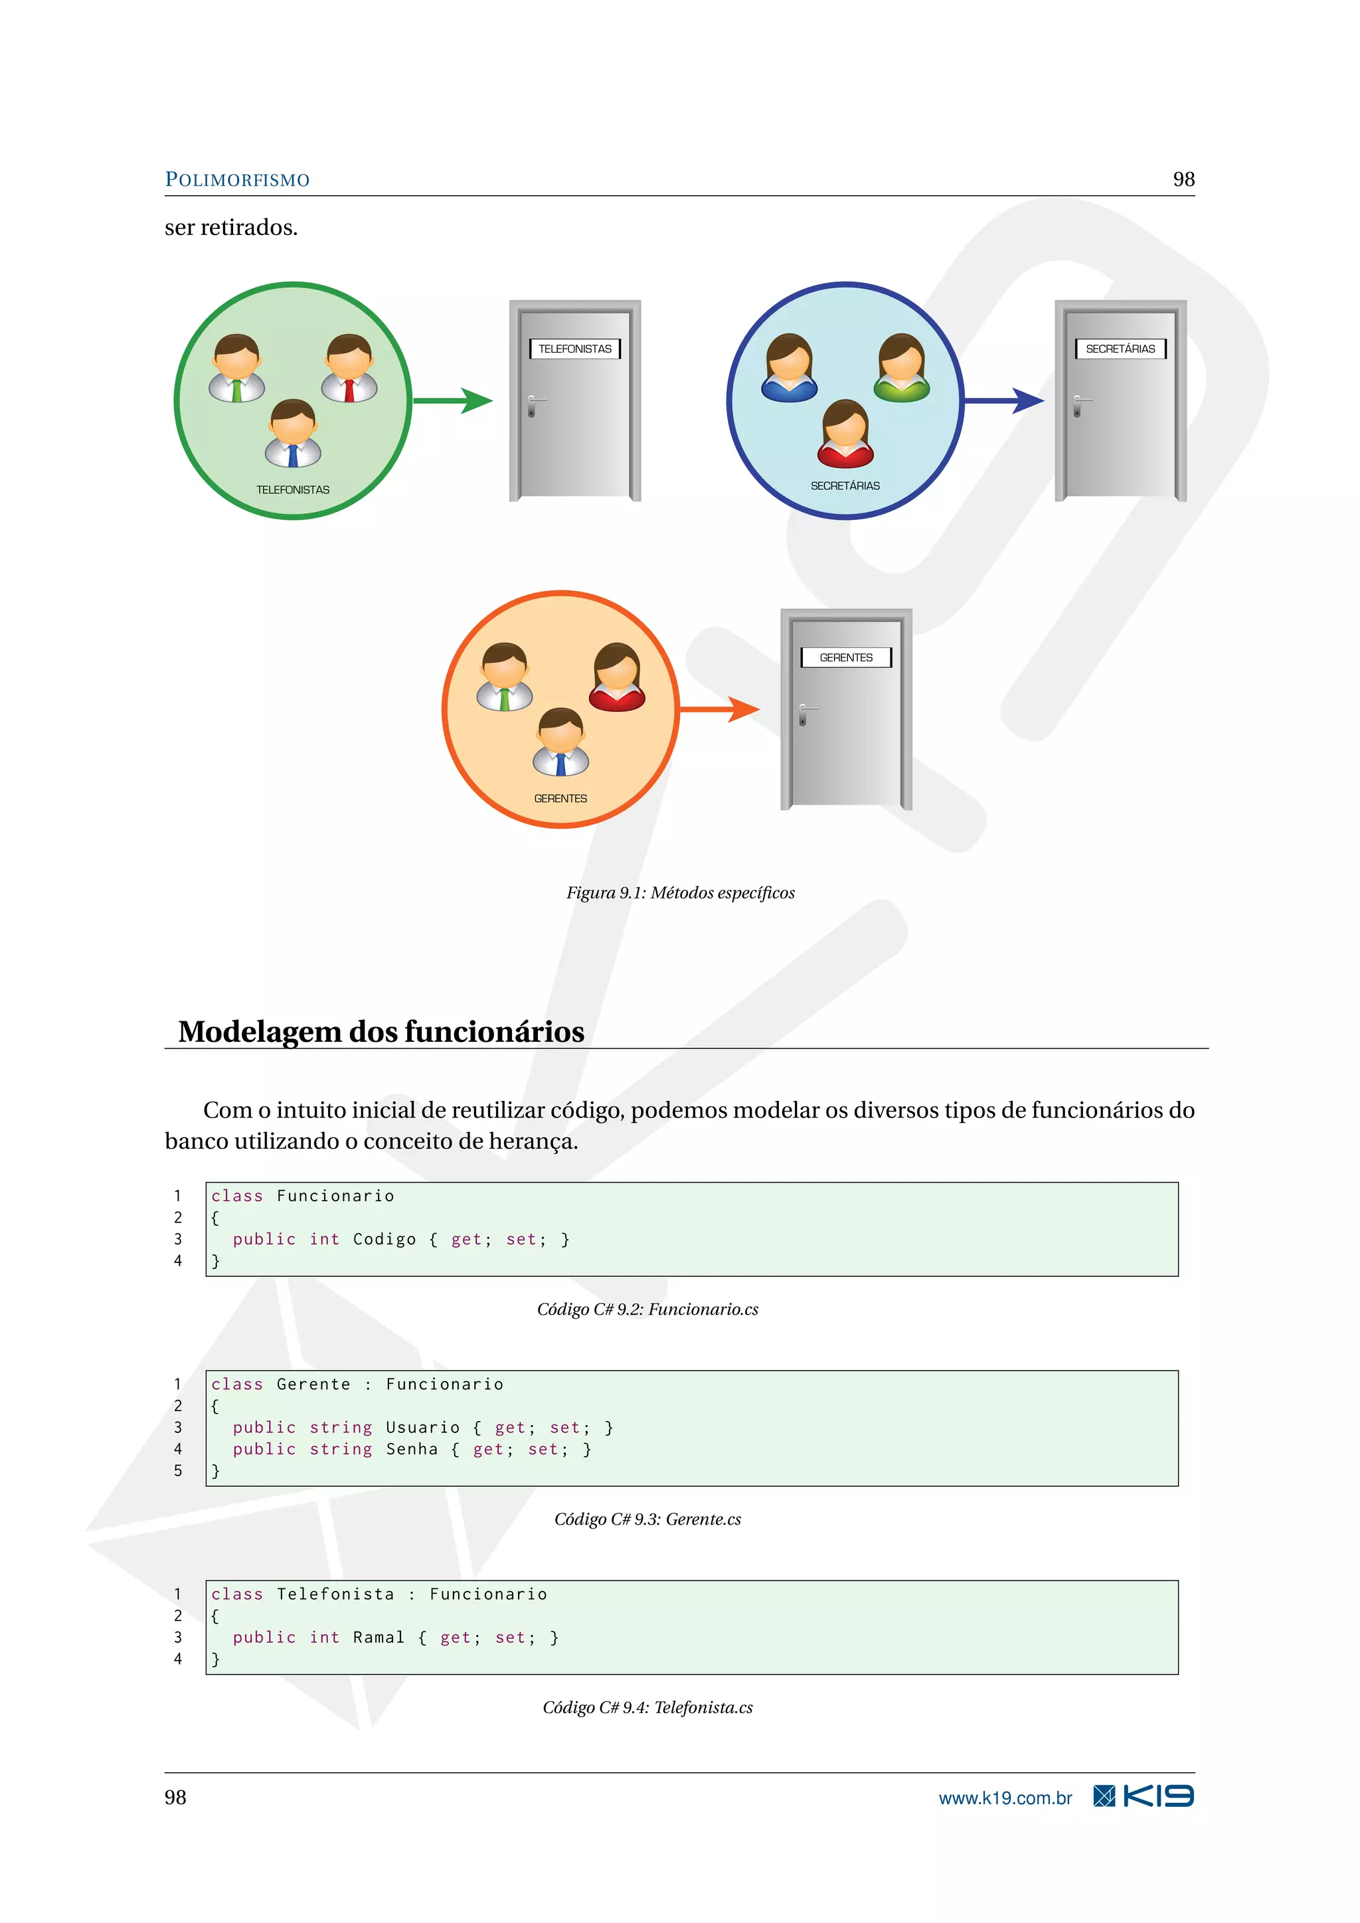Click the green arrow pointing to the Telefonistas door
click(x=454, y=401)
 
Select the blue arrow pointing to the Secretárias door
click(x=1004, y=401)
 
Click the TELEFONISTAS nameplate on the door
click(x=575, y=349)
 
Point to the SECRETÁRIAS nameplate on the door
click(x=1120, y=349)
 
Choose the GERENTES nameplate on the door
click(x=846, y=657)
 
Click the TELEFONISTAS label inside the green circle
click(x=293, y=490)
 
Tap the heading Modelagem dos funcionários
click(x=381, y=1032)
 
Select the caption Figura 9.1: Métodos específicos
click(x=680, y=893)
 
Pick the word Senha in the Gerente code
click(x=411, y=1449)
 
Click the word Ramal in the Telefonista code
click(x=379, y=1637)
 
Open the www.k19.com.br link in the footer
click(x=1005, y=1798)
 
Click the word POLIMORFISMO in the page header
click(x=237, y=180)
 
